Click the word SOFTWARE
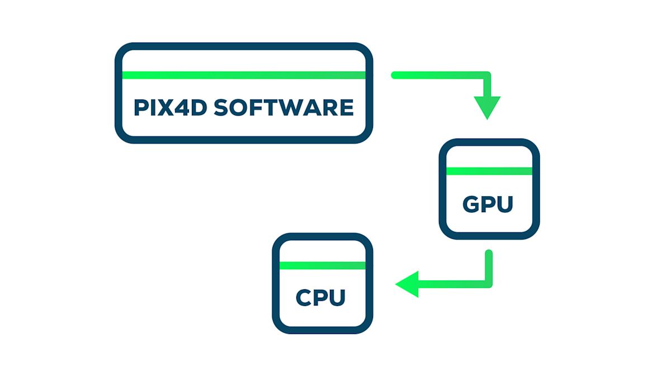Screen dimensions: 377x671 (284, 107)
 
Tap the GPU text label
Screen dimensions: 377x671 (488, 204)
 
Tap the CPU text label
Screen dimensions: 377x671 (320, 297)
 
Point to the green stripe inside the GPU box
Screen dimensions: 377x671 (489, 171)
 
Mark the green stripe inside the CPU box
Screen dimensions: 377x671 (322, 265)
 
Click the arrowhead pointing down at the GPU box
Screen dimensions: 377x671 (487, 107)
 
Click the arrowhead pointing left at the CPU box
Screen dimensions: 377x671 (408, 284)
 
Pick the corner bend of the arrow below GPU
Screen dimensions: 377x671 (488, 283)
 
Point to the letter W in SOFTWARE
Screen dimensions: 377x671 (292, 107)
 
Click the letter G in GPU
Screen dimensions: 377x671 (471, 204)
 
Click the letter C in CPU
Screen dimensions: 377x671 (305, 297)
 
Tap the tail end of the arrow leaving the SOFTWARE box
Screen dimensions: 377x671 (395, 75)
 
